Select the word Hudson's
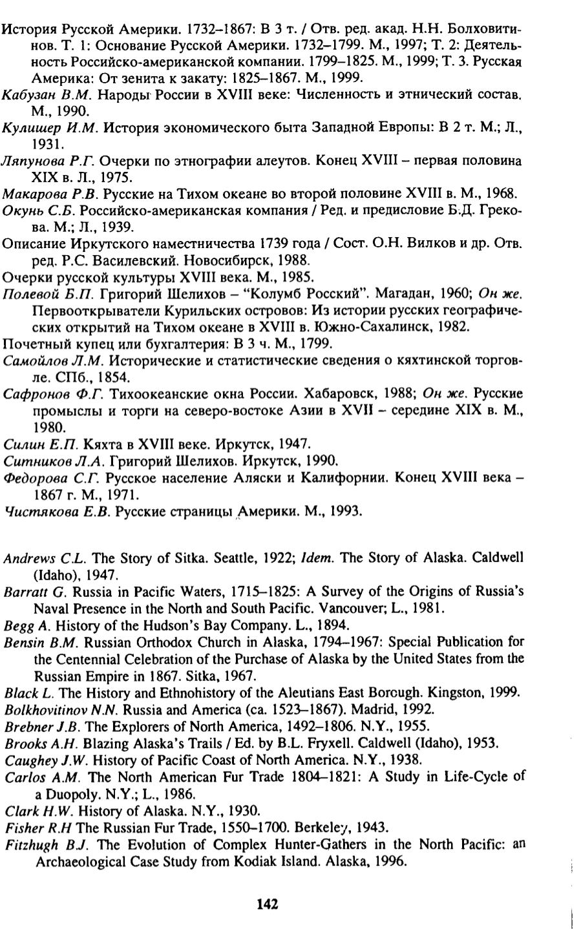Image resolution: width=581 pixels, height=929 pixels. (162, 625)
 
